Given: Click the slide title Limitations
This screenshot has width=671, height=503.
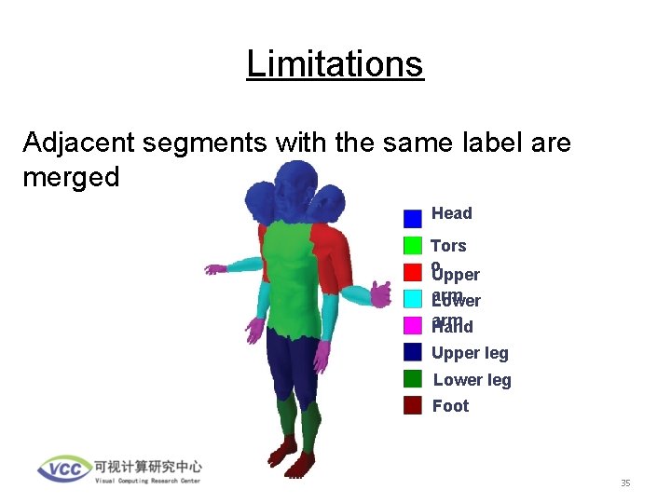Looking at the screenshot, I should (335, 64).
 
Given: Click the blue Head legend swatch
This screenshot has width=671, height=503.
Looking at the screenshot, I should (413, 219).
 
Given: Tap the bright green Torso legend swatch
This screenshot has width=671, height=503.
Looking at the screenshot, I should (413, 246).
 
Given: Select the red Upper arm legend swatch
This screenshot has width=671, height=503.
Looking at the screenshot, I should (413, 272).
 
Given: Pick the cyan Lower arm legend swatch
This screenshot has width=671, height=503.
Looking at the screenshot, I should (413, 299).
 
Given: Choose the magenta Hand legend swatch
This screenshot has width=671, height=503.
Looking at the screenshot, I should (413, 325).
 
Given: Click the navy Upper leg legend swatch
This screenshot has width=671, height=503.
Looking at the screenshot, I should (413, 352).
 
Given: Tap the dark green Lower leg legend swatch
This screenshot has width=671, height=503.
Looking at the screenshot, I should (413, 379).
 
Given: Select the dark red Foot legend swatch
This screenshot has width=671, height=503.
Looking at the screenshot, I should (413, 405).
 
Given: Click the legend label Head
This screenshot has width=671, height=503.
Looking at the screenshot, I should (452, 213).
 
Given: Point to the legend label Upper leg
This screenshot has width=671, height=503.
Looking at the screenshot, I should (470, 353).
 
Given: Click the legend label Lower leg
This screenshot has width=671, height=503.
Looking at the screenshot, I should (472, 380).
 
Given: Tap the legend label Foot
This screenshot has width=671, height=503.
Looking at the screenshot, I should (451, 406).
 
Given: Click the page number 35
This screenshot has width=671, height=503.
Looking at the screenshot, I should (625, 483).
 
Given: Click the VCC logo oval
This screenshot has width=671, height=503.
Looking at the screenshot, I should (64, 469).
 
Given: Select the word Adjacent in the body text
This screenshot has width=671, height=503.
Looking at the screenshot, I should (75, 143).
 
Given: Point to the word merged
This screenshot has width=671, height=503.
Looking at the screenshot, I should (71, 177).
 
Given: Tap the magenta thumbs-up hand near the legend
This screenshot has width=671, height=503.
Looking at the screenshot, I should (380, 294).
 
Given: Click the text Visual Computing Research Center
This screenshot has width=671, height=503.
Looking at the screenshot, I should (147, 481).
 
